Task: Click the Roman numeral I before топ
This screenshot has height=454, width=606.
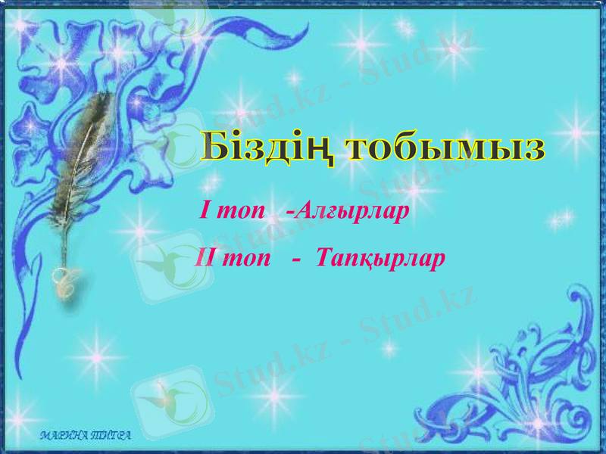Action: click(203, 210)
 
